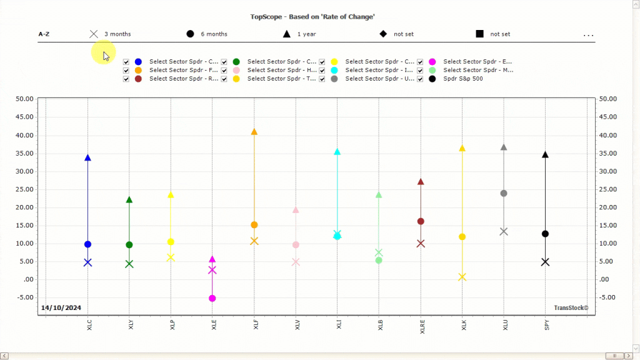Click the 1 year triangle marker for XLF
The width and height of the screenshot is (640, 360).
[x=254, y=132]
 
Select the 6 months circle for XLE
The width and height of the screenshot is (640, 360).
[x=212, y=298]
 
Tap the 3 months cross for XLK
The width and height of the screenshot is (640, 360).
[x=462, y=277]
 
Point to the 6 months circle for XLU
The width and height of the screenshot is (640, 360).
[x=504, y=193]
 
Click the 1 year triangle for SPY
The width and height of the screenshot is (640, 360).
[x=545, y=154]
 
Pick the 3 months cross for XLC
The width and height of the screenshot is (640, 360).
[x=87, y=262]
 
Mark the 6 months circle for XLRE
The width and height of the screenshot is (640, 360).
[x=421, y=221]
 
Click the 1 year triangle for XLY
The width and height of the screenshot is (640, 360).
[x=129, y=200]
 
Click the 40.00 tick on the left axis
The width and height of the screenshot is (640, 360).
[x=24, y=135]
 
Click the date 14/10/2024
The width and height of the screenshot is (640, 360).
[x=61, y=307]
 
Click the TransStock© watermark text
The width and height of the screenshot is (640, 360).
[x=571, y=307]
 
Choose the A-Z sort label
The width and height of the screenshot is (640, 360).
[x=44, y=34]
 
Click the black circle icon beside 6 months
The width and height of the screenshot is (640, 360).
[x=190, y=34]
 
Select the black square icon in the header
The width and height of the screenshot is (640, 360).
[x=479, y=34]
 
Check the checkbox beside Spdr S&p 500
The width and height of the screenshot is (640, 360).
[x=421, y=79]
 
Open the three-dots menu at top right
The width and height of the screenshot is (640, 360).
[x=588, y=35]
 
